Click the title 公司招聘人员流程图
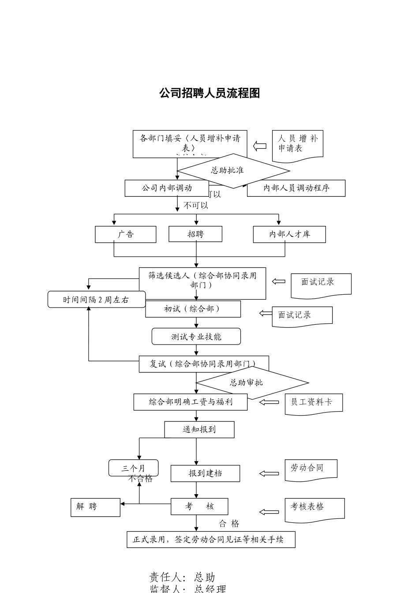coord(209,93)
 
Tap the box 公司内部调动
coord(167,188)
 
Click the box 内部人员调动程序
coord(296,188)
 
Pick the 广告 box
coord(125,234)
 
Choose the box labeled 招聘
coord(195,234)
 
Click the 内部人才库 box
coord(289,234)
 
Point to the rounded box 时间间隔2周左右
coord(96,300)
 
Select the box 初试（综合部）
coord(193,309)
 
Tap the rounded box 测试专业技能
coord(196,337)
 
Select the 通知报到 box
coord(199,429)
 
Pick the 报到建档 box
coord(205,473)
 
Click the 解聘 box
coord(95,507)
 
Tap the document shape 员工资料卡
coord(314,402)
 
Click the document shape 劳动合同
coord(311,469)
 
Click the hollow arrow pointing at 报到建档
coord(269,473)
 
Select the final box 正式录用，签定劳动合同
coord(211,540)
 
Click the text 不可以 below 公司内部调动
coord(195,206)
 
